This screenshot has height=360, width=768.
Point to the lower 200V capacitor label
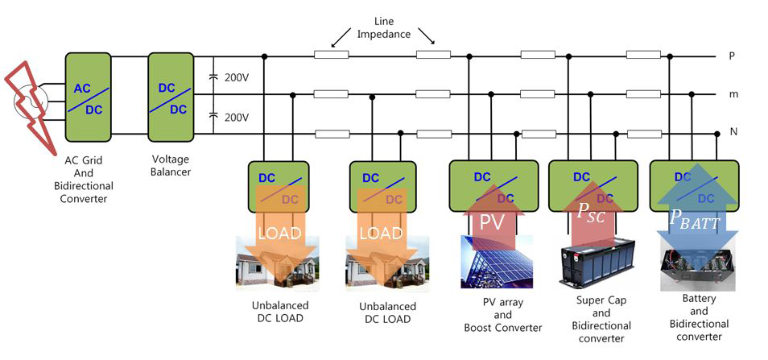(236, 117)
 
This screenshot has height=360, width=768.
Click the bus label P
(732, 56)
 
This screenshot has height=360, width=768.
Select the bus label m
(733, 95)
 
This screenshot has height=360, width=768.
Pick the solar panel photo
(496, 263)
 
